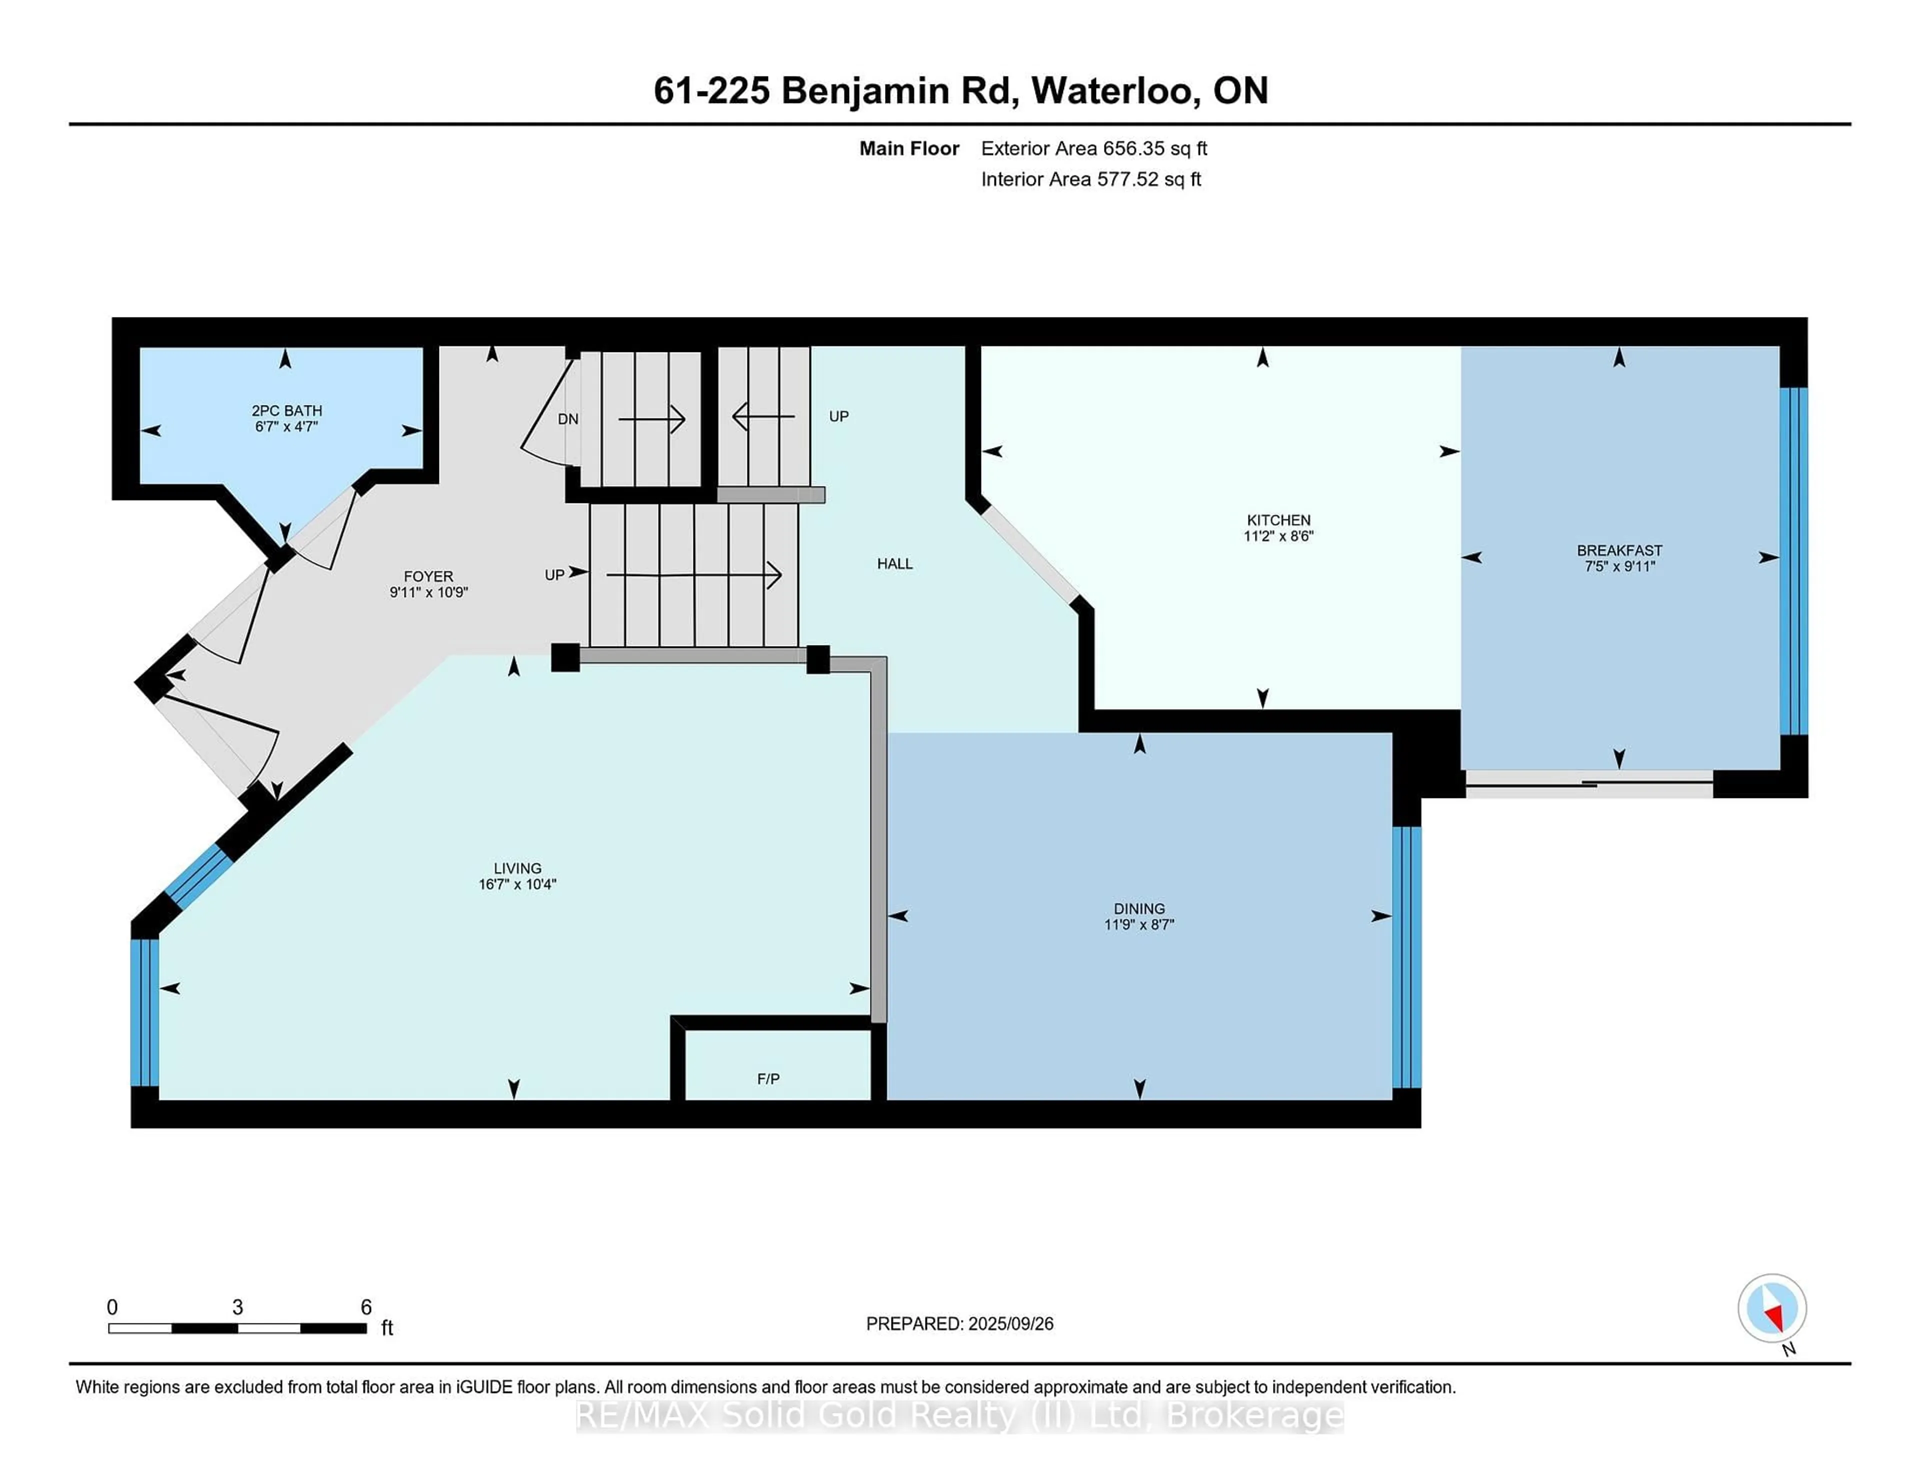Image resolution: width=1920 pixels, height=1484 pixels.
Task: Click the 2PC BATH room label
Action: pyautogui.click(x=286, y=410)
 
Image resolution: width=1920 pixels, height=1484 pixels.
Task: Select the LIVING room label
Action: pyautogui.click(x=517, y=867)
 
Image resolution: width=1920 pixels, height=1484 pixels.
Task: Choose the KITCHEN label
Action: pyautogui.click(x=1277, y=519)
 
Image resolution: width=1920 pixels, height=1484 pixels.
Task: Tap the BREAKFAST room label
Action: pyautogui.click(x=1618, y=550)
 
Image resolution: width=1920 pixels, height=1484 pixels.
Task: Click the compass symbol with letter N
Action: pyautogui.click(x=1771, y=1309)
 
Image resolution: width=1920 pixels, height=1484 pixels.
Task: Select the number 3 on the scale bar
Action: pyautogui.click(x=237, y=1307)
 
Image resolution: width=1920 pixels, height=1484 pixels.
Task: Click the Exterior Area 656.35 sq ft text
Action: pyautogui.click(x=1093, y=148)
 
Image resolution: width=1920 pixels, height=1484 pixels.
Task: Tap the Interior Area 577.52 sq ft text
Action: pyautogui.click(x=1090, y=179)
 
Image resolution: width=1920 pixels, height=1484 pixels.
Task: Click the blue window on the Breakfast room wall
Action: pyautogui.click(x=1793, y=561)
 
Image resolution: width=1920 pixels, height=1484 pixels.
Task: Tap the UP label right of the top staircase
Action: pyautogui.click(x=838, y=416)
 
